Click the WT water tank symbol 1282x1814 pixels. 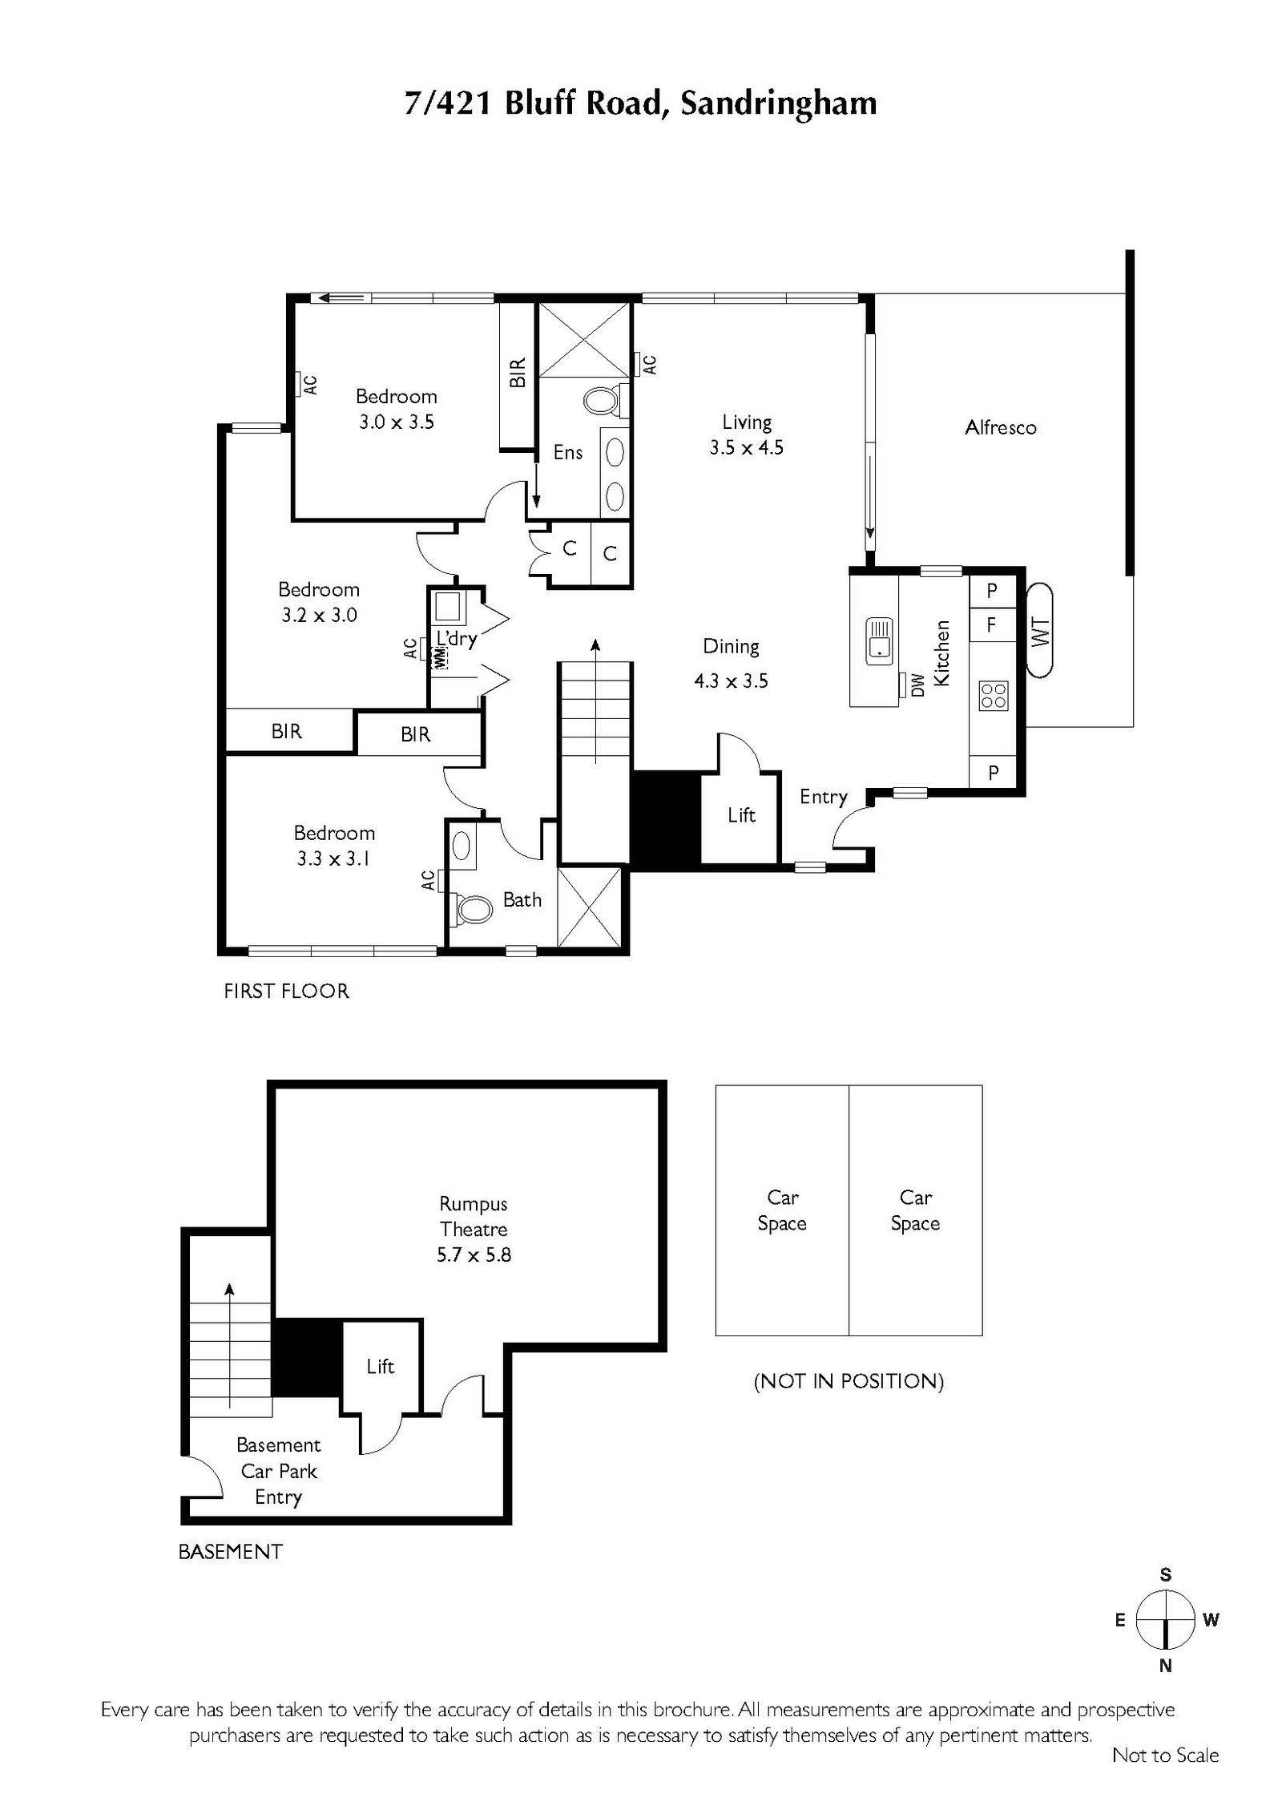click(x=1040, y=631)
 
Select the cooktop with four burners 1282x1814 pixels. click(x=994, y=695)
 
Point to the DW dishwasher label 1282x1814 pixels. click(x=918, y=684)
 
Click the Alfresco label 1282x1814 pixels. click(x=1000, y=427)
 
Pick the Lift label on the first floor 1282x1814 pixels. click(x=741, y=815)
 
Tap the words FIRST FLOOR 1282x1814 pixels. click(x=286, y=991)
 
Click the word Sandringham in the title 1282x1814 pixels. click(x=778, y=104)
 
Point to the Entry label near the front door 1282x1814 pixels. click(x=823, y=797)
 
